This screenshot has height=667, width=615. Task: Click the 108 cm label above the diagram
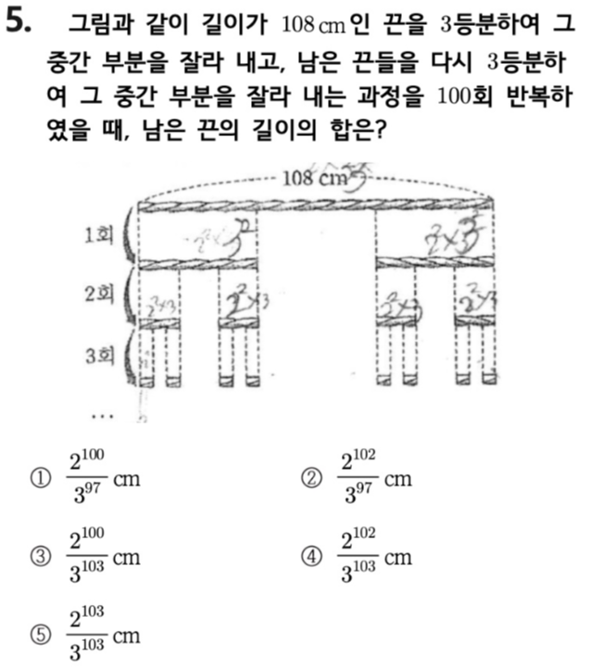click(313, 176)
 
